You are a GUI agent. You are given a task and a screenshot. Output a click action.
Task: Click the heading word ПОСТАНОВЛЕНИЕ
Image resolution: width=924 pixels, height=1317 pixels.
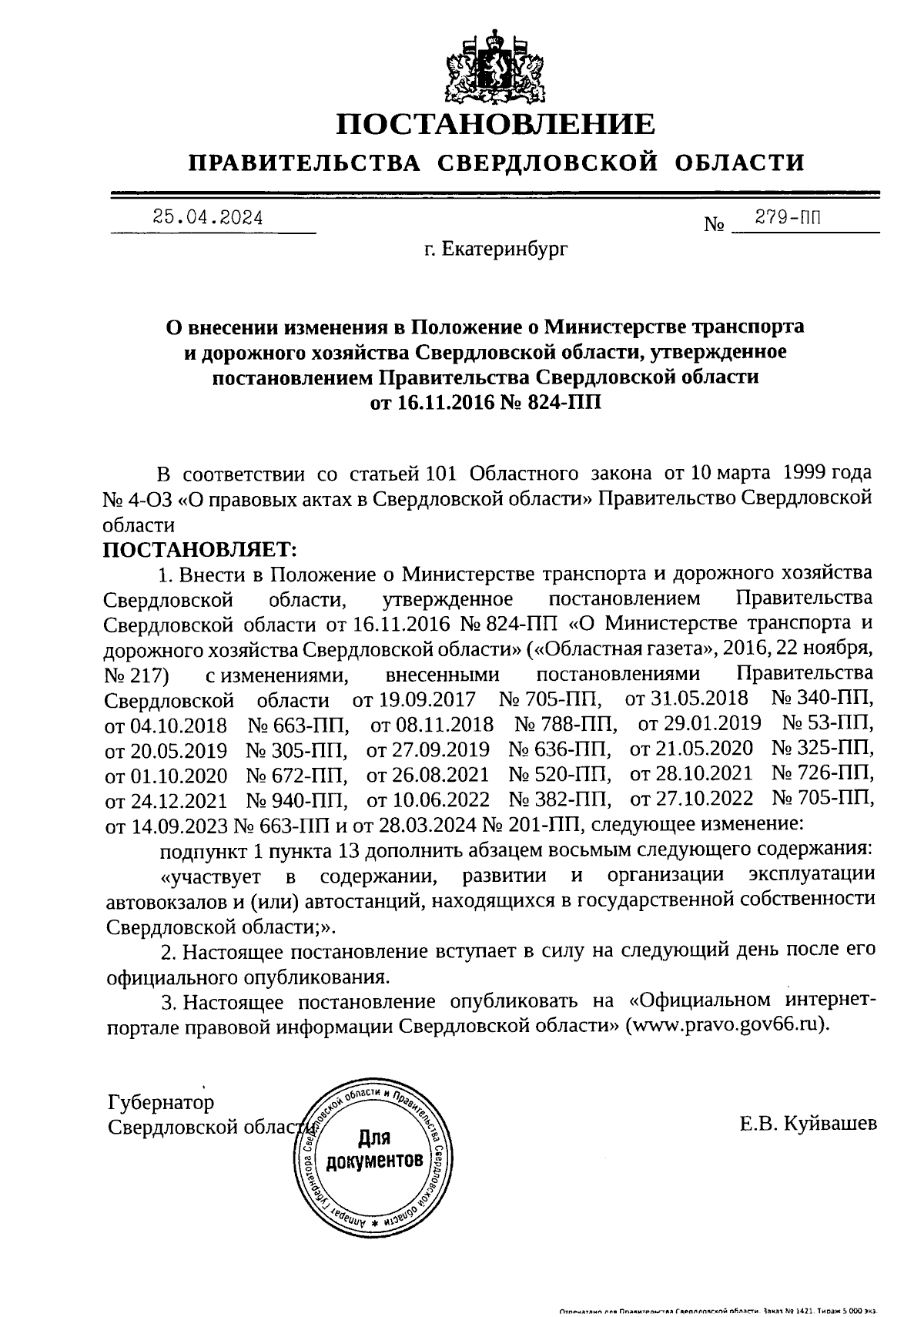[497, 125]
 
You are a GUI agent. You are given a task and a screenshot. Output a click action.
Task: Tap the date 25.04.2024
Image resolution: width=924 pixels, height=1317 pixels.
[208, 218]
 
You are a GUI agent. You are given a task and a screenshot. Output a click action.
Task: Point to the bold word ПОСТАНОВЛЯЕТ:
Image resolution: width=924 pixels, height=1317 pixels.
[199, 550]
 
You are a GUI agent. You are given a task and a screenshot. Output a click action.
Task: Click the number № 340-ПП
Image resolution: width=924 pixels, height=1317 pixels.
[822, 699]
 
